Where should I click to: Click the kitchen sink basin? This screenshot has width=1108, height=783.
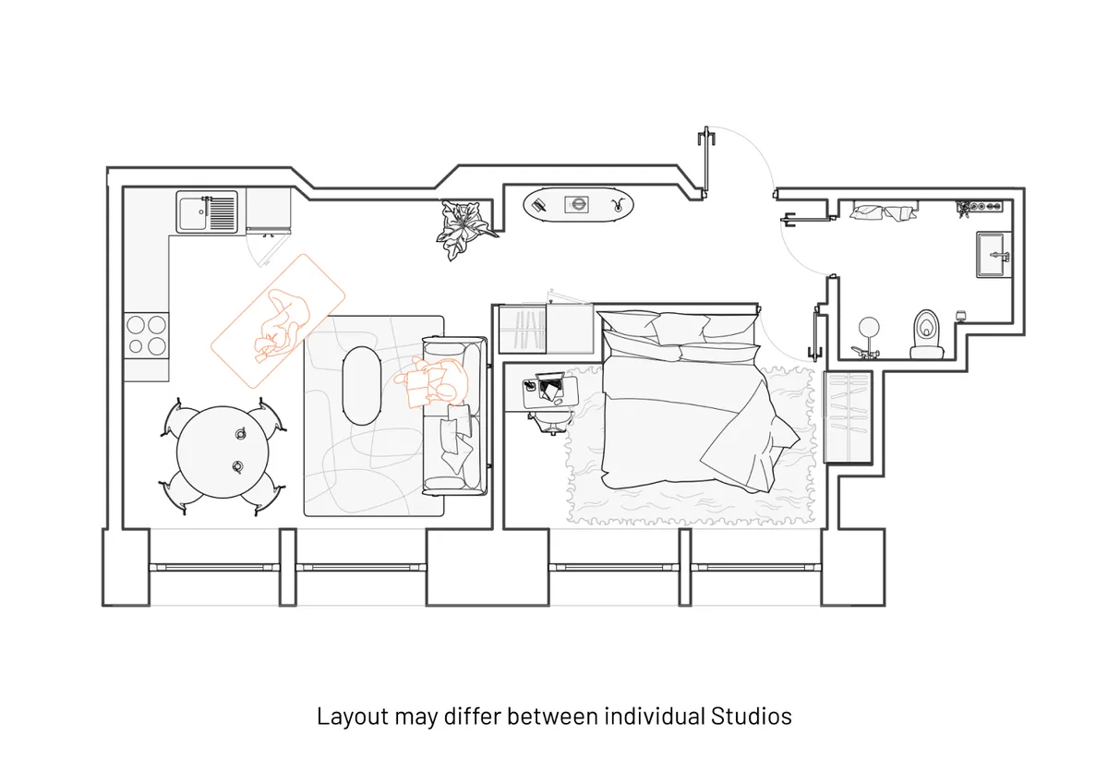pos(192,212)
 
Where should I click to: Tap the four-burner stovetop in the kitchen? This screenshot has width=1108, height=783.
pos(146,335)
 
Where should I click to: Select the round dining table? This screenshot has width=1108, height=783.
pos(223,452)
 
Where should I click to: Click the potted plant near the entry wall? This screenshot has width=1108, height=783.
pos(465,228)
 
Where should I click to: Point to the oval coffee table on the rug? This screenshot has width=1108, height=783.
pos(362,385)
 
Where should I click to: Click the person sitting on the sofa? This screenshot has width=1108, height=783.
pos(433,383)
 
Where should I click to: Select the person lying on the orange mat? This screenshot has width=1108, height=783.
pos(282,327)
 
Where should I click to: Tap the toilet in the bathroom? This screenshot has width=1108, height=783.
pos(926,334)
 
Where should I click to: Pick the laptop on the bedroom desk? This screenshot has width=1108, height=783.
pos(550,385)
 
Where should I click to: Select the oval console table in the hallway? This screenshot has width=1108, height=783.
pos(578,204)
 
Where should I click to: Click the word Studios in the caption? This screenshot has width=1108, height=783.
pos(752,717)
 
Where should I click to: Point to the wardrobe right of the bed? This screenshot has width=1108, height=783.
pos(848,417)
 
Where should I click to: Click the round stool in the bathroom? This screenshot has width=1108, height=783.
pos(869,327)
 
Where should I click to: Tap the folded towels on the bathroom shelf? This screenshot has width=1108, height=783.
pos(884,211)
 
